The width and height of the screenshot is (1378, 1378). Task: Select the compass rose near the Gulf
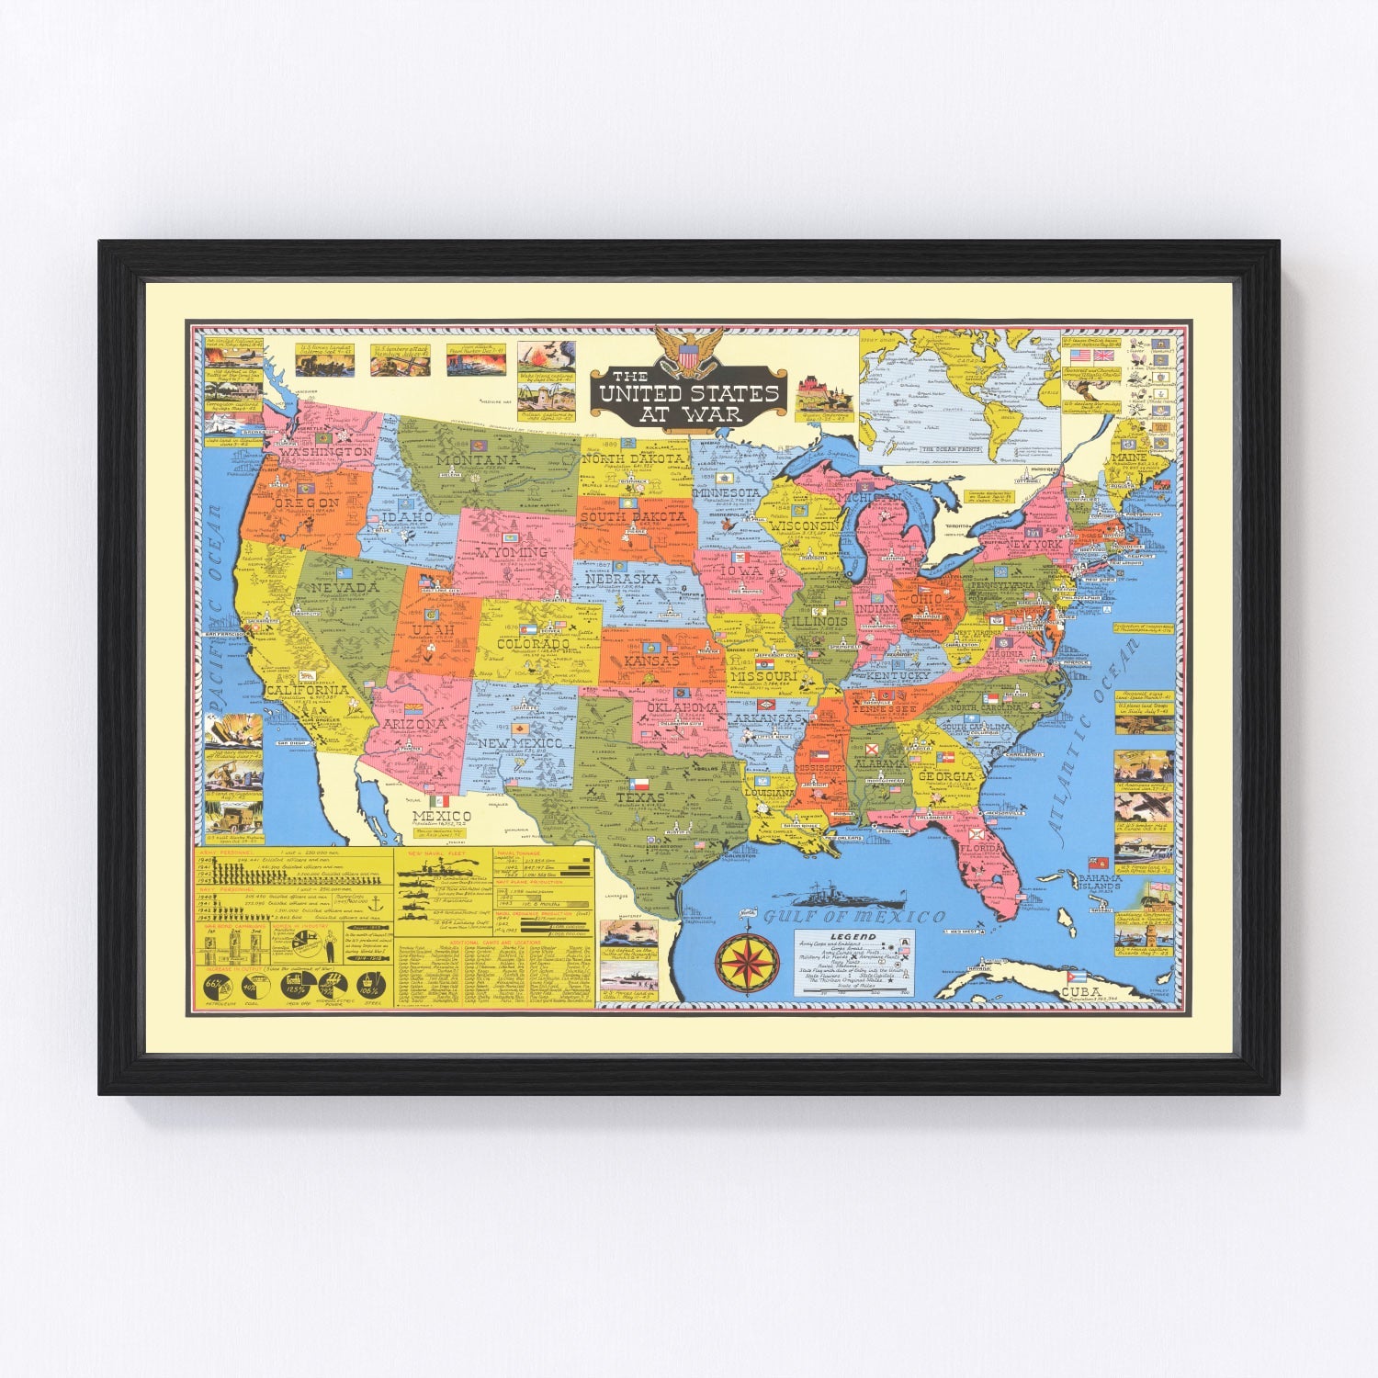(746, 962)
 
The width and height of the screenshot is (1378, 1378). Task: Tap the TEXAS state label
(640, 797)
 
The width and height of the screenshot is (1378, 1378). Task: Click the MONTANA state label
(477, 459)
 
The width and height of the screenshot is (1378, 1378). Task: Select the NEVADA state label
(344, 586)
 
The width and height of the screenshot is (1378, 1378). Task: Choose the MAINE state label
(1128, 457)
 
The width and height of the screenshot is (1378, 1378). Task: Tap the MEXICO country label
(441, 816)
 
